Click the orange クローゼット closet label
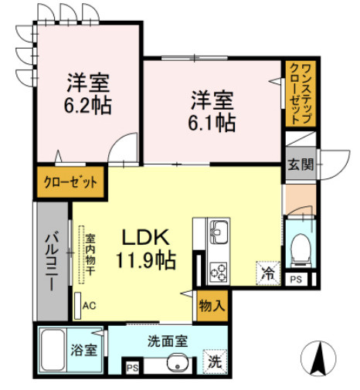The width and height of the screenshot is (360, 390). tap(70, 183)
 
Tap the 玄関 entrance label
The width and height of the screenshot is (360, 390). tap(300, 164)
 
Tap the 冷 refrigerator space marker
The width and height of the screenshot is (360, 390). tap(267, 273)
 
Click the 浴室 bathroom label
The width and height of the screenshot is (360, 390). tap(85, 350)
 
